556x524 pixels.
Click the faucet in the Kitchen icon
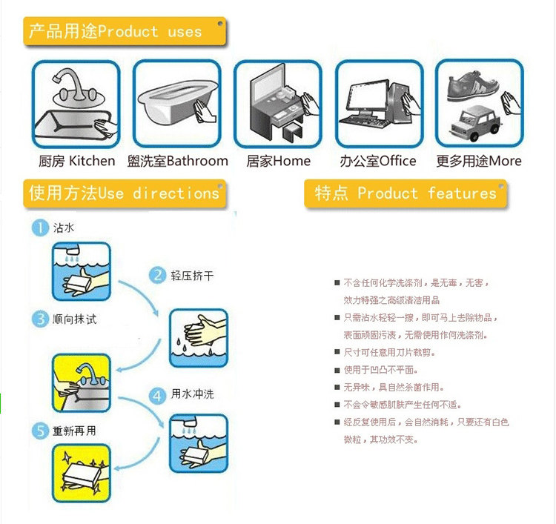70,85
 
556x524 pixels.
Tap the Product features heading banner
406,193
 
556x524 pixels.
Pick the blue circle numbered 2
157,276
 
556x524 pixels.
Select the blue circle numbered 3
39,319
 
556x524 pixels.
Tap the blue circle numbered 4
157,394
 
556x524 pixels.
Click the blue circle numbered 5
39,430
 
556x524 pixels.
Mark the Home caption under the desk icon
278,161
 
